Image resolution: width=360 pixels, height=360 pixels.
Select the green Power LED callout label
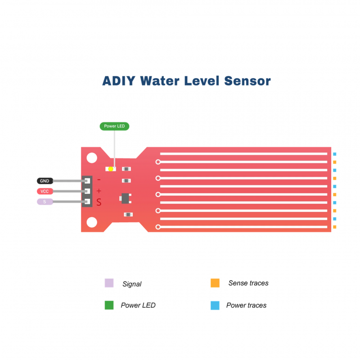click(114, 126)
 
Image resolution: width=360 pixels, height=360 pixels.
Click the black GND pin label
click(45, 181)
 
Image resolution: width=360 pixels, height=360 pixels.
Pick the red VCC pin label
click(45, 191)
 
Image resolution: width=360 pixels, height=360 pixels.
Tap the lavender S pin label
click(45, 202)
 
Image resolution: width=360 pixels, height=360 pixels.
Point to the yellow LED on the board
click(111, 169)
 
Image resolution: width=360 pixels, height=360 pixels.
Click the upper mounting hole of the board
click(92, 158)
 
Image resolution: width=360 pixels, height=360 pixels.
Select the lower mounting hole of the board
click(92, 222)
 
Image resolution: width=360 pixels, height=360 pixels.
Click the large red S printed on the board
click(99, 202)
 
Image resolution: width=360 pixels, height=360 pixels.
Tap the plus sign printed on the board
click(99, 191)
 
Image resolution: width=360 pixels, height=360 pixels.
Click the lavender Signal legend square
click(109, 283)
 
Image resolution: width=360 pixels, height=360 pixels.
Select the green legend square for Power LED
click(109, 305)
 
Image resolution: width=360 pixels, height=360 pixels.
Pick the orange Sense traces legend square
click(215, 283)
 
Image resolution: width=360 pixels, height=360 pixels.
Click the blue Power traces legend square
click(215, 305)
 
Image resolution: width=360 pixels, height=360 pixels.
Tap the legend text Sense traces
click(248, 283)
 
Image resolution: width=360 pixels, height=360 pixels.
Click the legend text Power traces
click(246, 305)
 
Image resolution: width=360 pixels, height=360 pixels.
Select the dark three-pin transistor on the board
click(125, 197)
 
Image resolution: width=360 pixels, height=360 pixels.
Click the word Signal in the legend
click(132, 284)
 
